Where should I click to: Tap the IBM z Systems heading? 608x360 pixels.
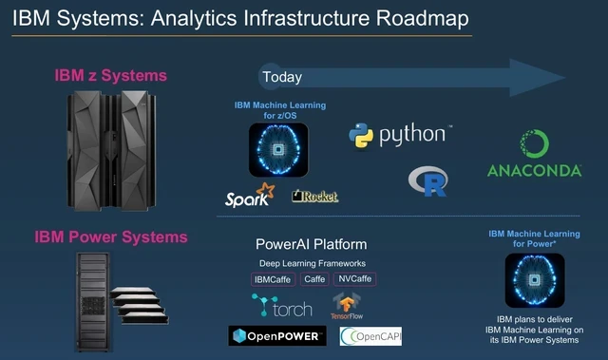tap(111, 75)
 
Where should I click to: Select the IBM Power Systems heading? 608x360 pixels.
tap(111, 236)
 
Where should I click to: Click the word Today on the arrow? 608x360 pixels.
tap(283, 77)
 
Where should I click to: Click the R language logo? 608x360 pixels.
tap(427, 180)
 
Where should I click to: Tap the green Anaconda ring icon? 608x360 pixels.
tap(535, 145)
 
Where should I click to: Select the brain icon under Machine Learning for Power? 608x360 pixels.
tap(535, 286)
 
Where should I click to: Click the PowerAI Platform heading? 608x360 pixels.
tap(312, 244)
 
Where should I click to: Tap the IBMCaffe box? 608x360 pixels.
tap(274, 279)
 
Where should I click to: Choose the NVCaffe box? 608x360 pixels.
tap(353, 279)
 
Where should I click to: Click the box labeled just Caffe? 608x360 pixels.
tap(314, 279)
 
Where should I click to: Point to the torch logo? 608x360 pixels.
tap(281, 307)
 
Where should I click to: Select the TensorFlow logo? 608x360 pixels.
tap(345, 307)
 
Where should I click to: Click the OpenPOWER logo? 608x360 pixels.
tap(276, 336)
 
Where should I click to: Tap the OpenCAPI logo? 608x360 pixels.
tap(377, 336)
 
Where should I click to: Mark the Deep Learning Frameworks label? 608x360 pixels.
tap(312, 263)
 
